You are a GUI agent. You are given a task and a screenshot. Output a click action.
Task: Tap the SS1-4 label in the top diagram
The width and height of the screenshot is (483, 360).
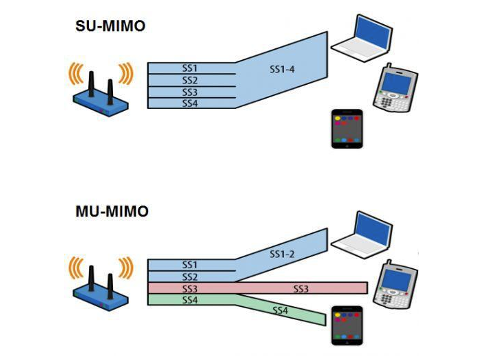282,70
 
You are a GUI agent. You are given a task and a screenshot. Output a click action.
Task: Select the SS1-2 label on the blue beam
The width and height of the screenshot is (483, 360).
282,254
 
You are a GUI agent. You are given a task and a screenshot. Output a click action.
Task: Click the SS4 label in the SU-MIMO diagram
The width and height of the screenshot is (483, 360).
190,103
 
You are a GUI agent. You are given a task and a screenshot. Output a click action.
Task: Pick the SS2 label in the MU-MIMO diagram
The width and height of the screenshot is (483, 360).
190,276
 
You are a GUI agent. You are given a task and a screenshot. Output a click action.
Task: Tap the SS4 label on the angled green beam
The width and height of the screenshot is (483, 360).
281,311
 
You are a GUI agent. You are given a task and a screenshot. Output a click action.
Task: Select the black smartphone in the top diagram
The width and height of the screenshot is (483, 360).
345,128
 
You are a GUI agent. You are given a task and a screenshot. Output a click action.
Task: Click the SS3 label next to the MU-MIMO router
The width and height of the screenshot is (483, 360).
190,288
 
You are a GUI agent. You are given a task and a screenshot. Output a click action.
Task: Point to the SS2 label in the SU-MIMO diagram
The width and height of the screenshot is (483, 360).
190,80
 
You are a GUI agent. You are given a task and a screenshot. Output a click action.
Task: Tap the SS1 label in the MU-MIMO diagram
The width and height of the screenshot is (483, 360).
190,265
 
